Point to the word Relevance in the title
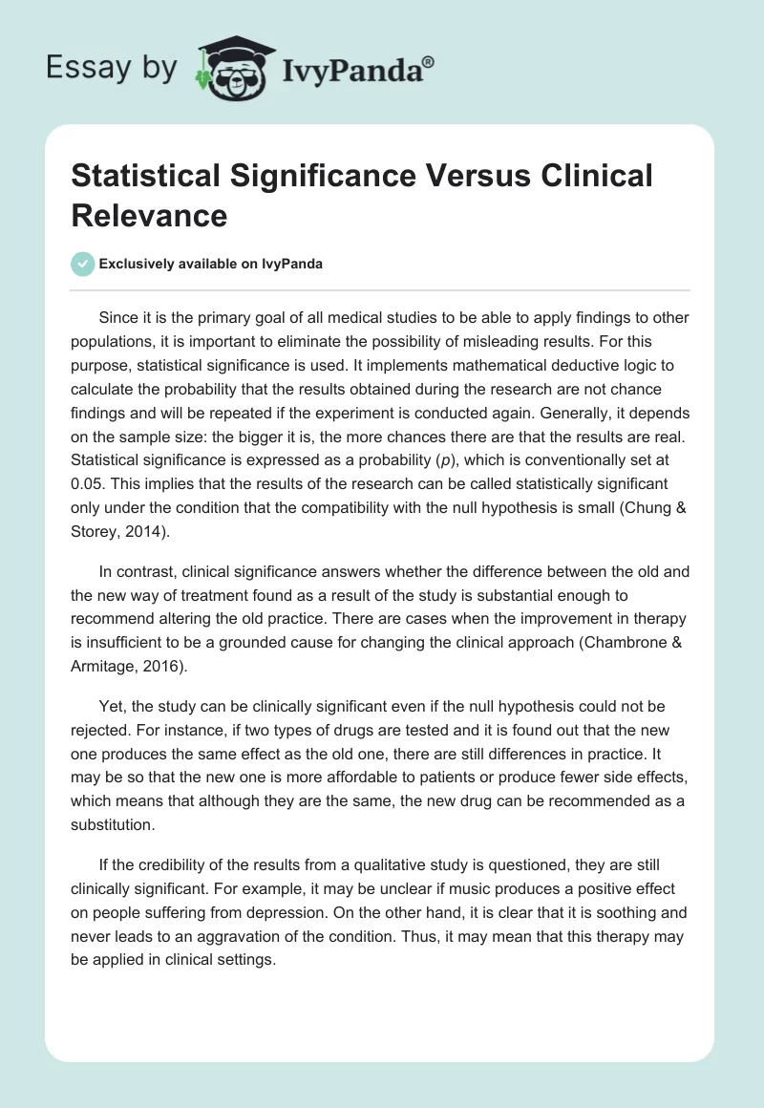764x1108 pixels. pyautogui.click(x=149, y=216)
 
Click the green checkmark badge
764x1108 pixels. pyautogui.click(x=82, y=264)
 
